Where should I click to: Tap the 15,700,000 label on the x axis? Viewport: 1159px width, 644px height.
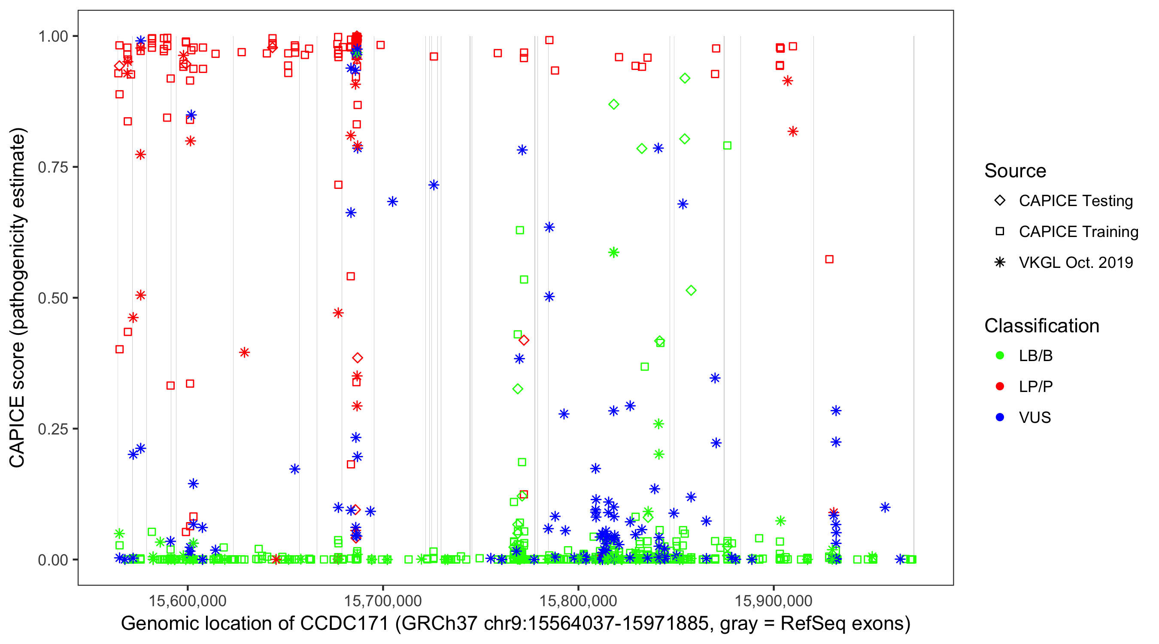pyautogui.click(x=382, y=600)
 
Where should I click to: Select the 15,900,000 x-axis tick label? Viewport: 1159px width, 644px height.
pyautogui.click(x=774, y=600)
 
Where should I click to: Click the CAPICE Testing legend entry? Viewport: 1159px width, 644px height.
pyautogui.click(x=1075, y=201)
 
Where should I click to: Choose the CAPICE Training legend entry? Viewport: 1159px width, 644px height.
pyautogui.click(x=1078, y=232)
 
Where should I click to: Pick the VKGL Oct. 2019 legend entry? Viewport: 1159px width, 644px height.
pyautogui.click(x=1075, y=263)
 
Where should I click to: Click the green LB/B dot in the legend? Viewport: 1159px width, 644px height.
pyautogui.click(x=1000, y=356)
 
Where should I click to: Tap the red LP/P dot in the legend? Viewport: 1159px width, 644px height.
pyautogui.click(x=1000, y=386)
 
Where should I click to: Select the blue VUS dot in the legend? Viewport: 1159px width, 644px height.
pyautogui.click(x=1000, y=418)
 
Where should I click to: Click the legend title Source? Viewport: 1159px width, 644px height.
pyautogui.click(x=1015, y=171)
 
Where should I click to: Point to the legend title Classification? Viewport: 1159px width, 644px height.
pyautogui.click(x=1041, y=326)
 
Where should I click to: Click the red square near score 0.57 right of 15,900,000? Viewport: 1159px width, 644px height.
pyautogui.click(x=829, y=259)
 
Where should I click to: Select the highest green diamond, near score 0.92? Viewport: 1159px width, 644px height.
pyautogui.click(x=685, y=78)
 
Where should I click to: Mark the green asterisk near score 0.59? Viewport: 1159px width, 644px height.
pyautogui.click(x=614, y=252)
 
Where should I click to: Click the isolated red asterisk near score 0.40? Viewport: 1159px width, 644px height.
pyautogui.click(x=244, y=352)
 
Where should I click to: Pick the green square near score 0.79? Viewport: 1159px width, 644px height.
pyautogui.click(x=727, y=146)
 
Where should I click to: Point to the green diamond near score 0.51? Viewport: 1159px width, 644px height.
pyautogui.click(x=691, y=291)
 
